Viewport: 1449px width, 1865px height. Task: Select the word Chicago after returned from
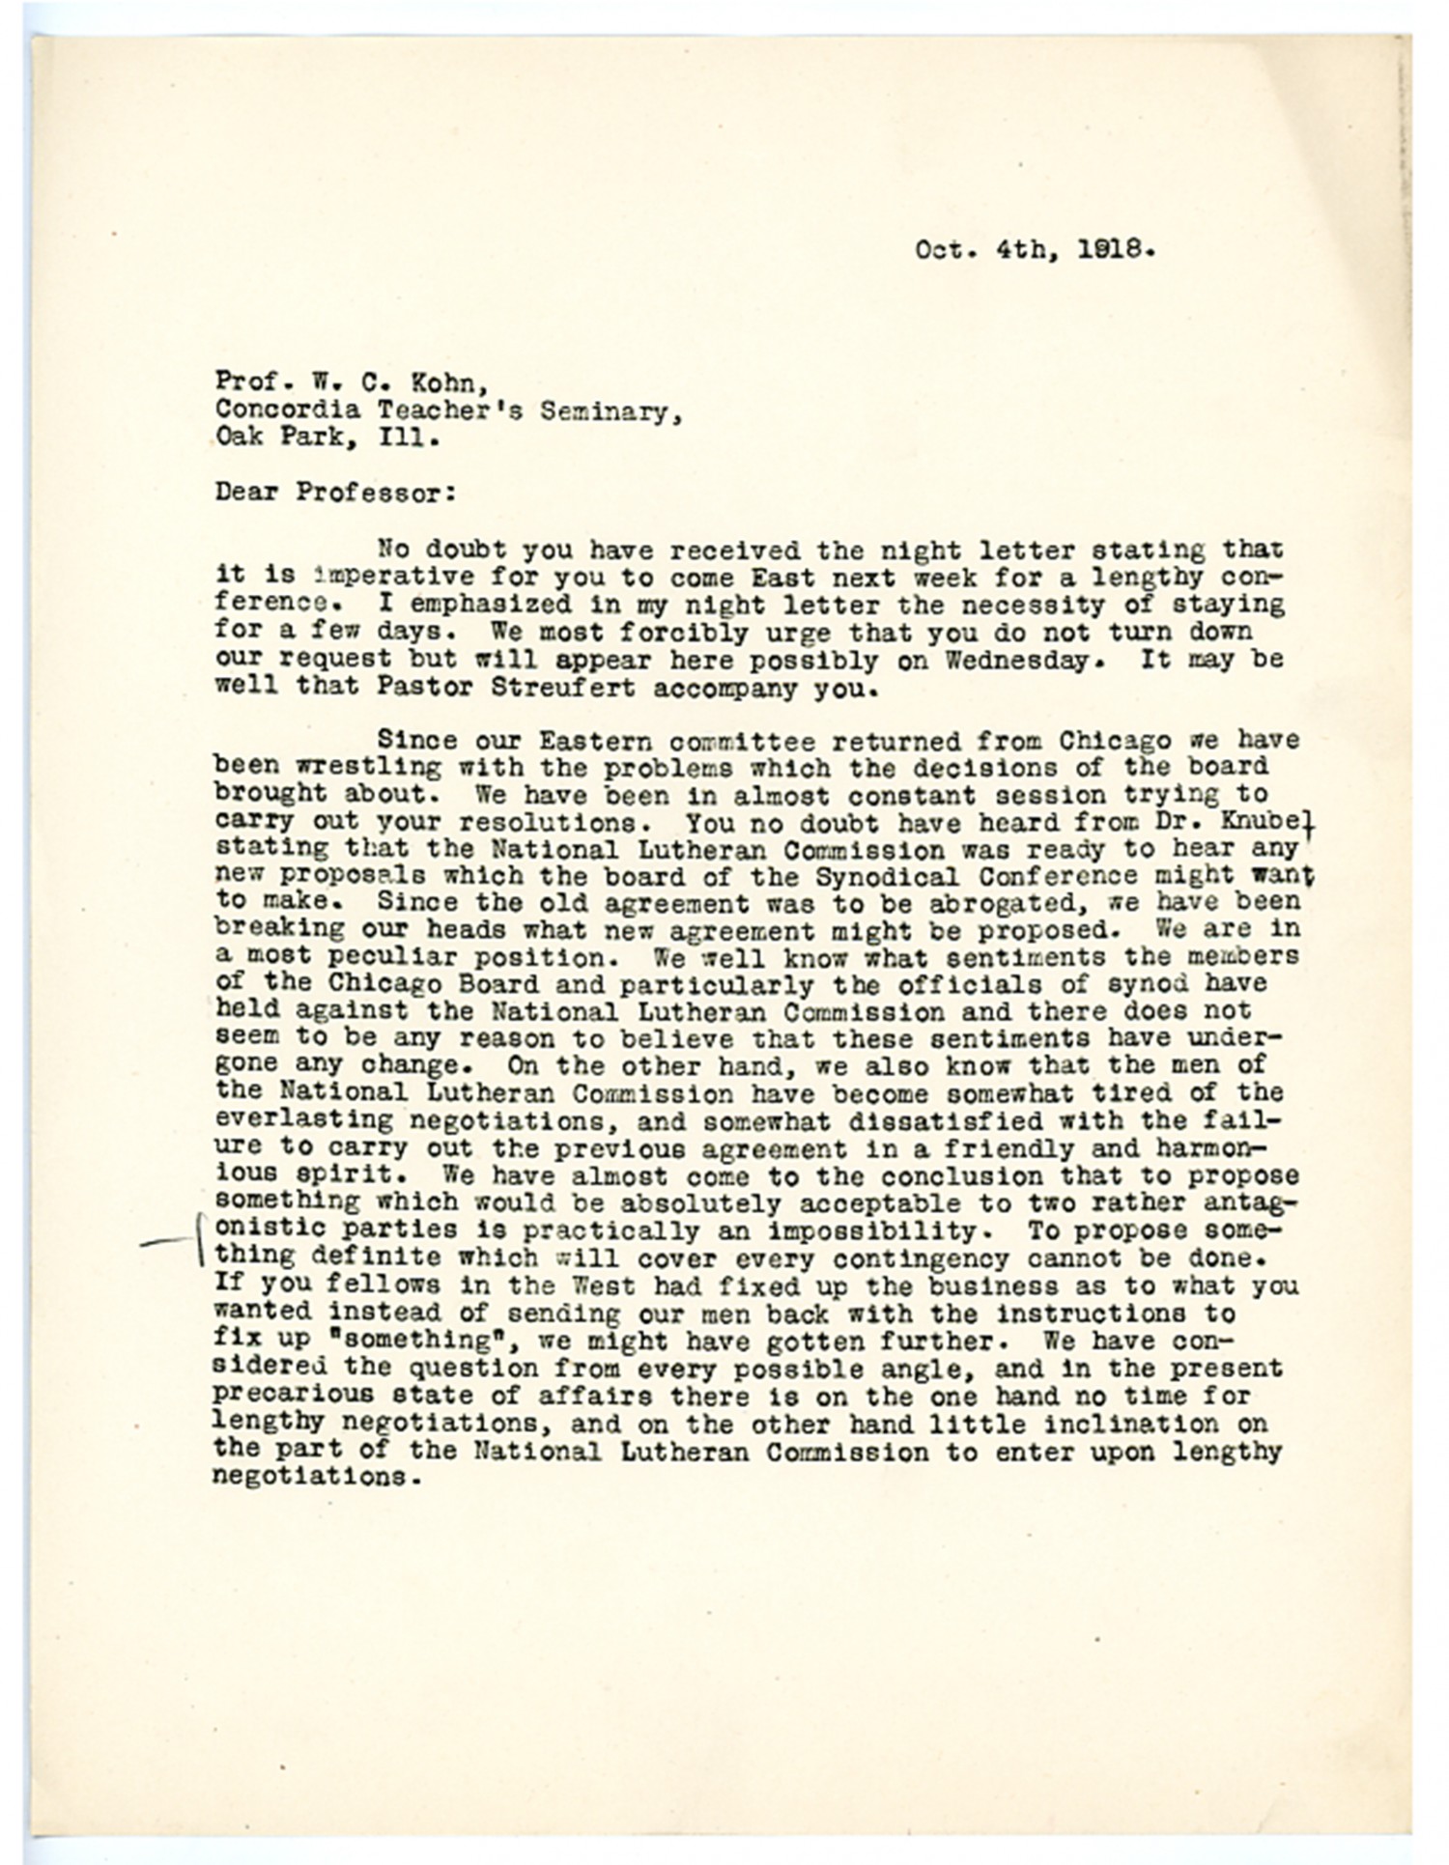[x=1115, y=741]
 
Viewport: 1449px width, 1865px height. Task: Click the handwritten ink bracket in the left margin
[x=197, y=1241]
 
